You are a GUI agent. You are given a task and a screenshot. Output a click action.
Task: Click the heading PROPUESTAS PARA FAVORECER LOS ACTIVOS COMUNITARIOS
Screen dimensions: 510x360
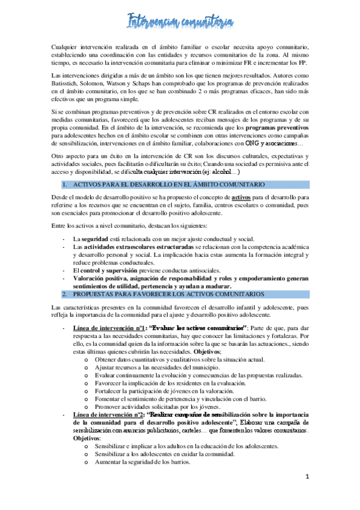click(x=167, y=294)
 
